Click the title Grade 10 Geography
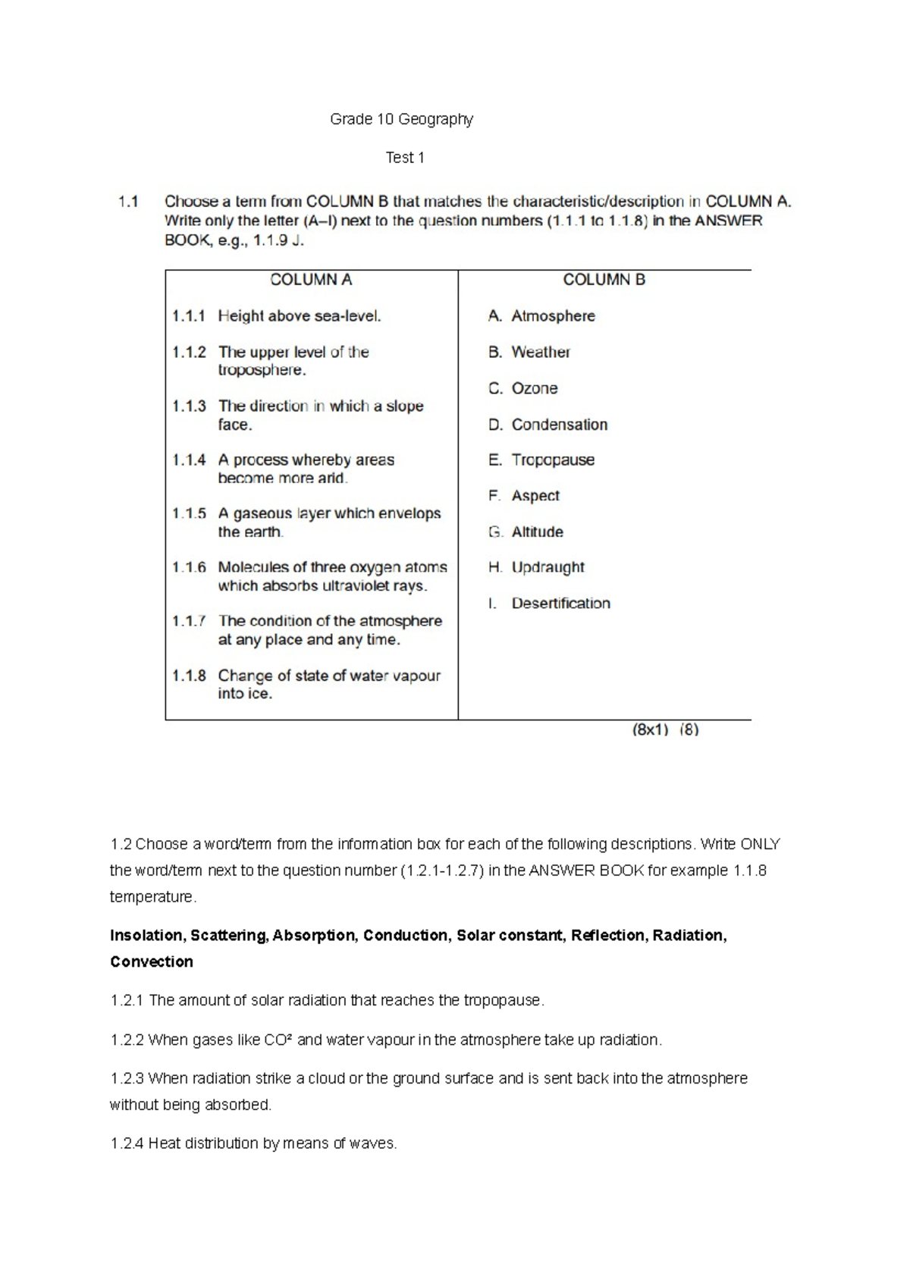[x=401, y=119]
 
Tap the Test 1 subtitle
[x=404, y=158]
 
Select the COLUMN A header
[x=311, y=280]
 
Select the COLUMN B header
[x=604, y=280]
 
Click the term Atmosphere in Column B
[x=553, y=315]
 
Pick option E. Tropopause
[x=541, y=460]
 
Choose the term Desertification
[x=560, y=604]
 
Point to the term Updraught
[x=548, y=567]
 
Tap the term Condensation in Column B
[x=559, y=425]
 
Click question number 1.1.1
[x=189, y=316]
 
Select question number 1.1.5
[x=189, y=513]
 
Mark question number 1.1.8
[x=189, y=676]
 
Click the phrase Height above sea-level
[x=299, y=316]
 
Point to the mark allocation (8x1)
[x=650, y=730]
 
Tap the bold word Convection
[x=151, y=962]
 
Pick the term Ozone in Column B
[x=534, y=388]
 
